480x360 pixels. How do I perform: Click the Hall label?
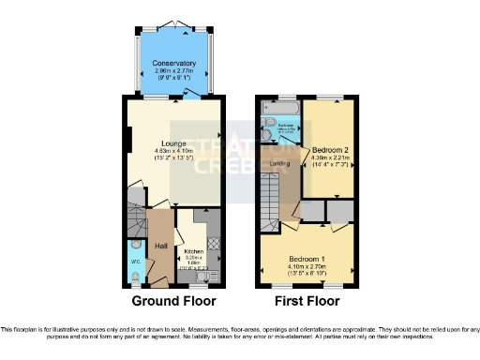pyautogui.click(x=160, y=244)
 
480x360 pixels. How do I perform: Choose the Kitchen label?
pyautogui.click(x=193, y=252)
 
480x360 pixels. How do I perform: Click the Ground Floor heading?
pyautogui.click(x=173, y=302)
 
